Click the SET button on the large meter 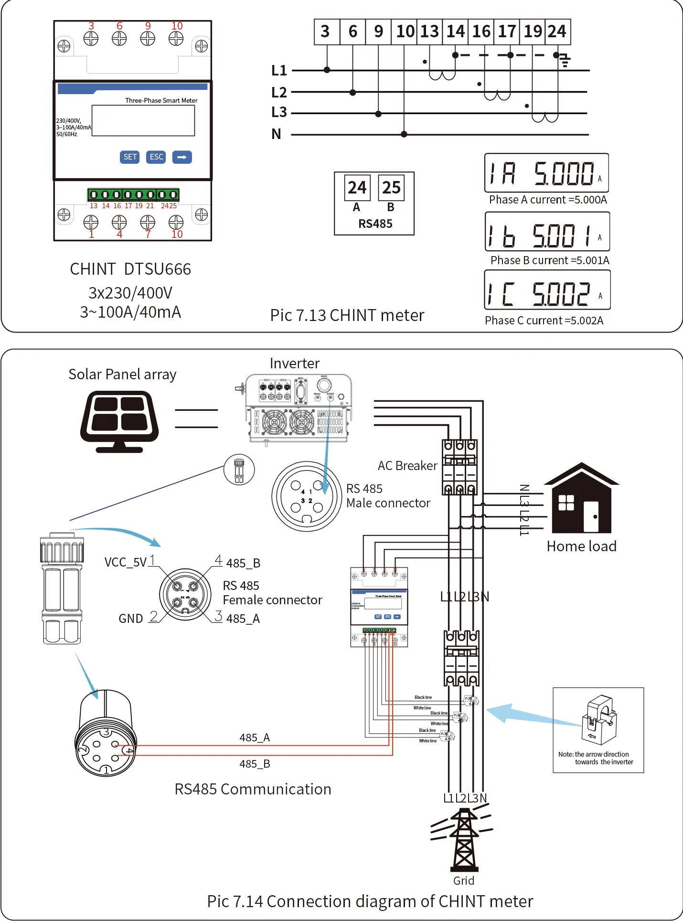click(130, 157)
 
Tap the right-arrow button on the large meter click(181, 157)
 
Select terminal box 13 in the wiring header click(429, 32)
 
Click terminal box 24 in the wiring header click(557, 32)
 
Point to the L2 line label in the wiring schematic click(279, 92)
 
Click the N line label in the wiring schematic click(276, 134)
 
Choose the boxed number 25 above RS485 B click(391, 188)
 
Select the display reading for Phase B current click(547, 232)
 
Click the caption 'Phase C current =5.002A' click(544, 321)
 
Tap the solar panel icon click(119, 421)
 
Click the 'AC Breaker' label click(407, 466)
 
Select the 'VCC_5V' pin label click(126, 562)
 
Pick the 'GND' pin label click(131, 619)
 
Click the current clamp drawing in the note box click(599, 719)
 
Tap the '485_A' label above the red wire click(255, 738)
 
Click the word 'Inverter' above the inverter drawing click(295, 364)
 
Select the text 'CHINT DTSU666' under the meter click(130, 269)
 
